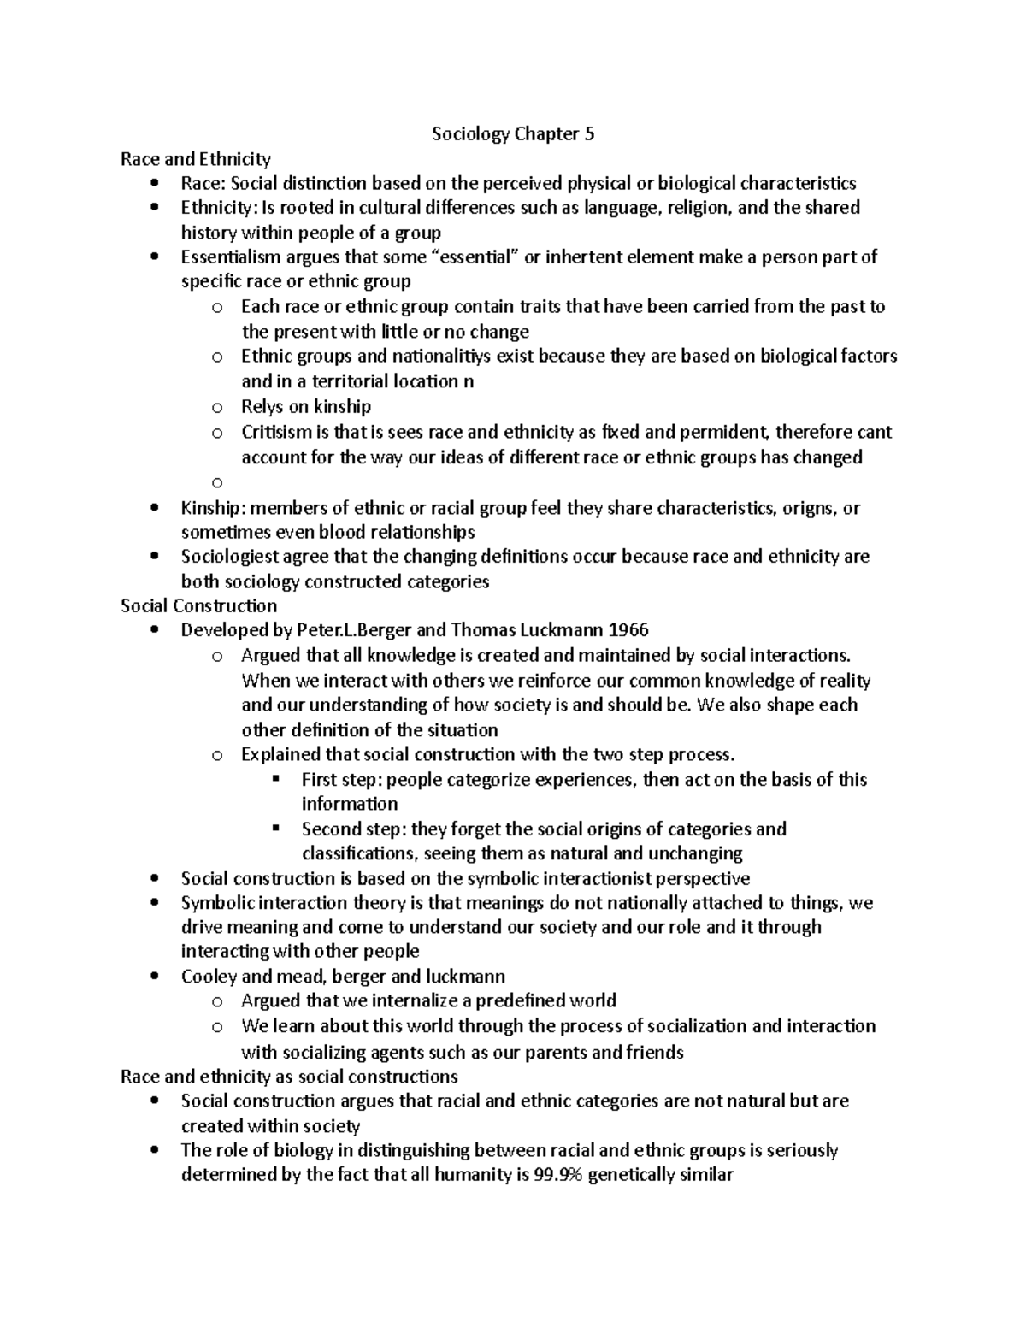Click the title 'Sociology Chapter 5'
pyautogui.click(x=512, y=134)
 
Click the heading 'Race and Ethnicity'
pyautogui.click(x=196, y=159)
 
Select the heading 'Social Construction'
pyautogui.click(x=198, y=606)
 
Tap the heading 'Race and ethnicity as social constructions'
pyautogui.click(x=289, y=1077)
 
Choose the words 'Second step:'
pyautogui.click(x=353, y=829)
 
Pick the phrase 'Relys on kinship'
pyautogui.click(x=306, y=407)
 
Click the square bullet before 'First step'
pyautogui.click(x=275, y=779)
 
